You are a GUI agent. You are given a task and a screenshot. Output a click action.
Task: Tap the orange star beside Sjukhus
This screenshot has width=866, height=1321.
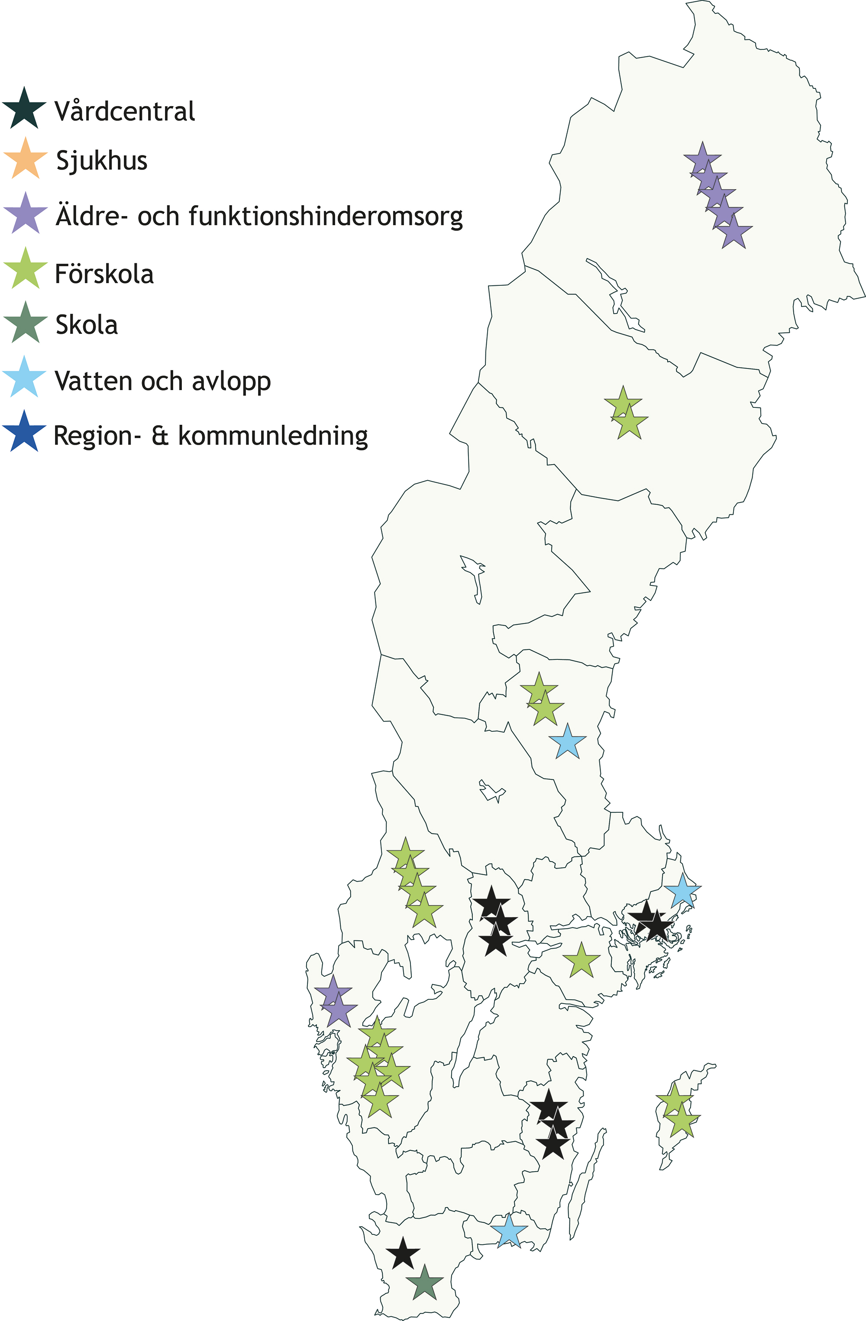26,160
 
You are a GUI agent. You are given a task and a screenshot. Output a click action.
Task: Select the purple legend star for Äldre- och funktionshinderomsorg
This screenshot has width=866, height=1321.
26,215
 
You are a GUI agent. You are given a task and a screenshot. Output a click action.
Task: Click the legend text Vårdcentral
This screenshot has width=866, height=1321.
125,111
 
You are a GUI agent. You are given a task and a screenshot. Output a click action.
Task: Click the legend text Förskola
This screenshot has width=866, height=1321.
104,274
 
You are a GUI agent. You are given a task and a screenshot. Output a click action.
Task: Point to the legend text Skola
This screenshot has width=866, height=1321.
87,325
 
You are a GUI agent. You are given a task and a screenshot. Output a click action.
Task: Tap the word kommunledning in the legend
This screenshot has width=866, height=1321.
273,436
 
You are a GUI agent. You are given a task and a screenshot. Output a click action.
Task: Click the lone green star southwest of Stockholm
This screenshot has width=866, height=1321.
581,961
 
